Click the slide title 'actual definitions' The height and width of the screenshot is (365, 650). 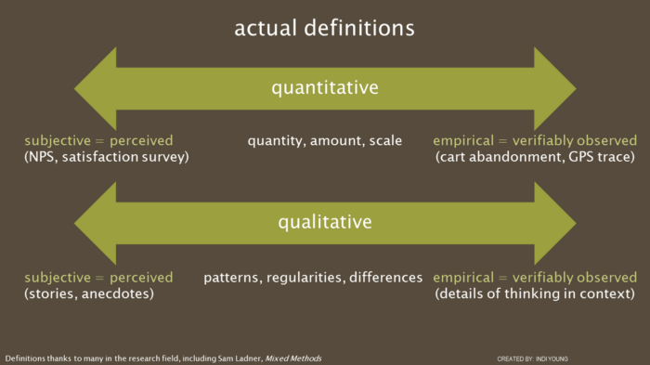tap(324, 28)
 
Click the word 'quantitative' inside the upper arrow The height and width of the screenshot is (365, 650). tap(324, 88)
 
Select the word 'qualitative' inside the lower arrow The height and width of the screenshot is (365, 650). tap(324, 222)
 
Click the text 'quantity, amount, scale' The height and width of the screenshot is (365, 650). tap(324, 141)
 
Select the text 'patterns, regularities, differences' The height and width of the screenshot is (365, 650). tap(313, 277)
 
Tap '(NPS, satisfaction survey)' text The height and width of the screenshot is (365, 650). tap(107, 157)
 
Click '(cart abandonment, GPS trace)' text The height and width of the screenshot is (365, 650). tap(536, 157)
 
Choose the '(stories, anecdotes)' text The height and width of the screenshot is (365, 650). tap(89, 293)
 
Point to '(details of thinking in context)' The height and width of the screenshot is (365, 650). tap(534, 293)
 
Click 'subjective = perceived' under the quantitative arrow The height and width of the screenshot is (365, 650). tap(98, 141)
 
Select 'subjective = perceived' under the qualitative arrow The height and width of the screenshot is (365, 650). tap(98, 277)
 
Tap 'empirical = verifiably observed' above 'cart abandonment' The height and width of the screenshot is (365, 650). tap(535, 141)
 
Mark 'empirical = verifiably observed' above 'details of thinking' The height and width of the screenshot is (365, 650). tap(535, 277)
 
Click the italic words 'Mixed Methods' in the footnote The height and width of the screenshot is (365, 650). tap(293, 358)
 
